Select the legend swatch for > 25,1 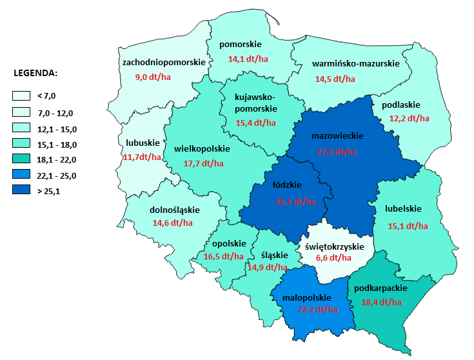pos(21,190)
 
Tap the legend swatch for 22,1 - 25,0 pos(21,175)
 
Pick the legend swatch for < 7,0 pos(21,96)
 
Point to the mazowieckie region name pos(337,136)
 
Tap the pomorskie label pos(240,45)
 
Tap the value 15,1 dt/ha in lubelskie pos(408,226)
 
